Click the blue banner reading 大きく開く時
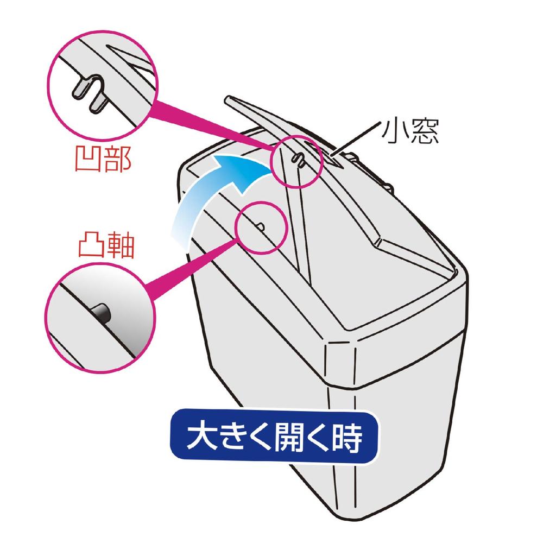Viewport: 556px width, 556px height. (x=274, y=437)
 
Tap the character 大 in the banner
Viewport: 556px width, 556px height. (x=200, y=437)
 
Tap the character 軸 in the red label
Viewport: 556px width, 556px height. (x=121, y=246)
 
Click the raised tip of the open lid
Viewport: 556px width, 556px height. (x=230, y=100)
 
